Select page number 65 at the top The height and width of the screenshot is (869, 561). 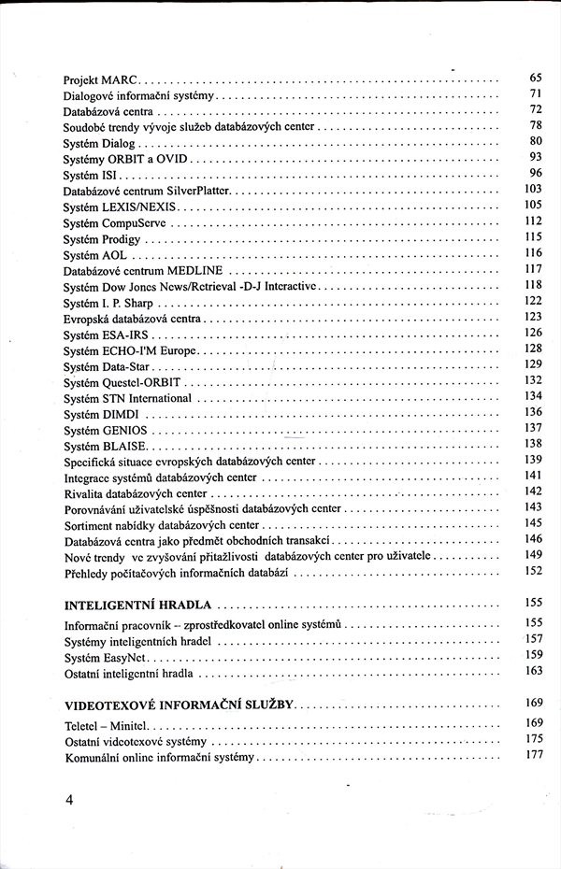click(x=536, y=77)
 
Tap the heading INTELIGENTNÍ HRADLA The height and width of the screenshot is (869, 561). click(x=137, y=604)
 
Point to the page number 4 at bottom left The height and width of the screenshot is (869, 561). click(x=68, y=801)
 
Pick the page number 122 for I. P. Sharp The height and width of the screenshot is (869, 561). click(x=534, y=301)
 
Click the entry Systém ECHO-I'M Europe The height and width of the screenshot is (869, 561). click(x=130, y=349)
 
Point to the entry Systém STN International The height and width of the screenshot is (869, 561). click(x=127, y=398)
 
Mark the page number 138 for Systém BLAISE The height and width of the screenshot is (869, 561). click(x=534, y=444)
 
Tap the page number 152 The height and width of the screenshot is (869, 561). click(x=534, y=571)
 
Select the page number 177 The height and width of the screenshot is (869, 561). click(x=534, y=755)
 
